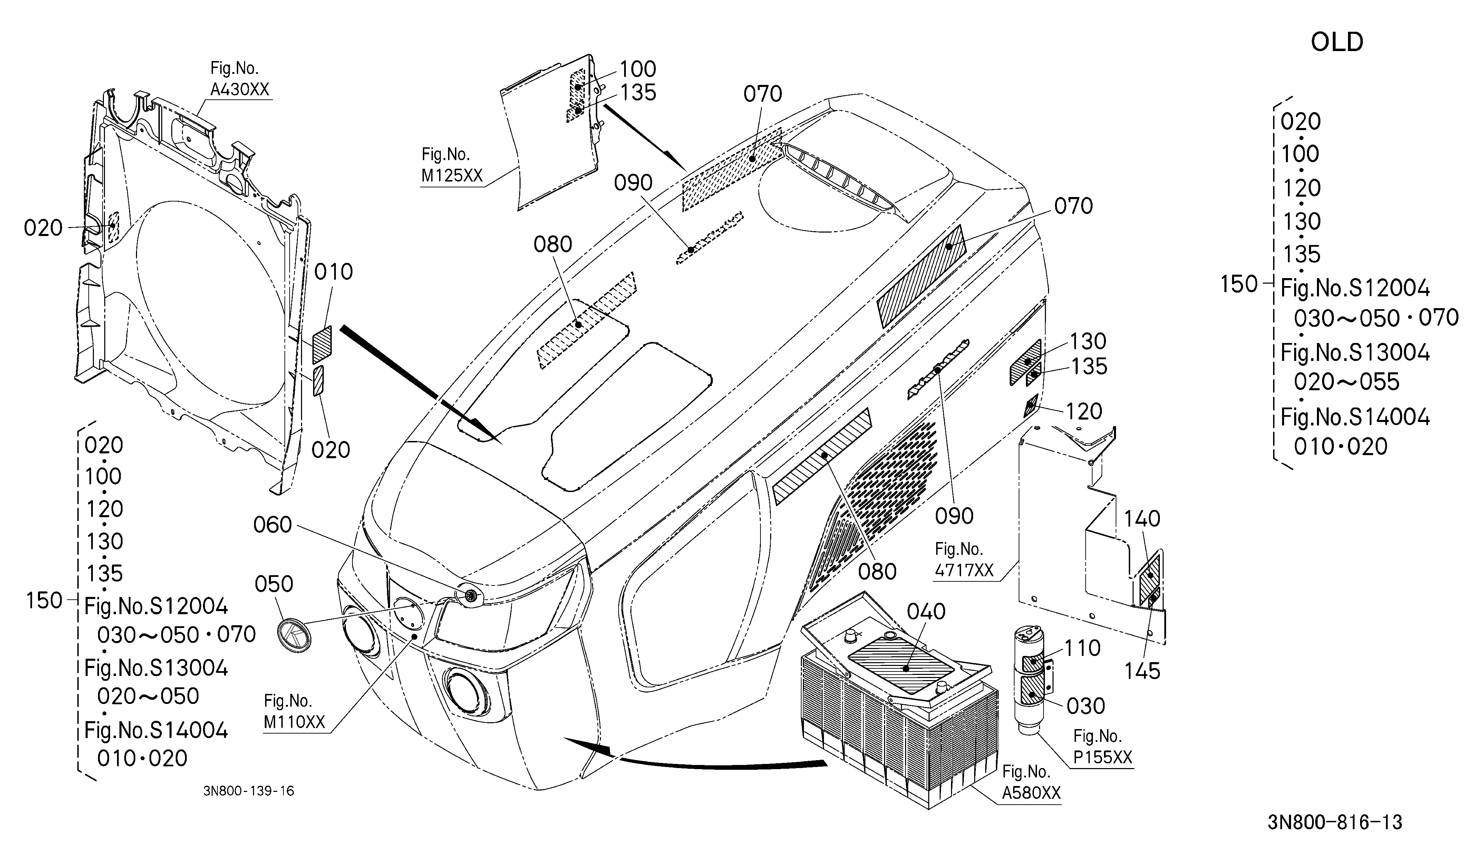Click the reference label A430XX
[240, 89]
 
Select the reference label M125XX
[452, 175]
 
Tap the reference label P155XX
[1103, 757]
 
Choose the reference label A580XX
[1031, 793]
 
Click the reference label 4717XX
[964, 570]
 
